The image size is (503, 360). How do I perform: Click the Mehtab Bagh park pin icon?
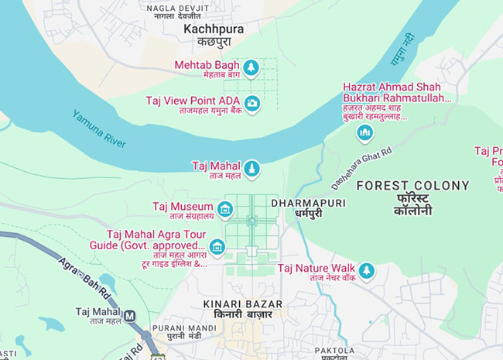(251, 68)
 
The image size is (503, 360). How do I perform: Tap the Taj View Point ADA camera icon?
(251, 103)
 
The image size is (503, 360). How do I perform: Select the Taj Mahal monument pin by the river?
(251, 168)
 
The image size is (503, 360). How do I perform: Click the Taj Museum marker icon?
(225, 208)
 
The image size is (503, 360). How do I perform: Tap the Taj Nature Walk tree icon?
(366, 270)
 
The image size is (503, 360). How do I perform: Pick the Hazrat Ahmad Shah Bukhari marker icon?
(365, 133)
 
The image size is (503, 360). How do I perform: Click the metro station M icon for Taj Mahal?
(130, 316)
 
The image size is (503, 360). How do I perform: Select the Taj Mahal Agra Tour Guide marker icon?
(217, 247)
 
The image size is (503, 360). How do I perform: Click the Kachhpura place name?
(213, 29)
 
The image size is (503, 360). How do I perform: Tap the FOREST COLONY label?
(412, 186)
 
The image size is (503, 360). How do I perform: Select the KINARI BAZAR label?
(242, 304)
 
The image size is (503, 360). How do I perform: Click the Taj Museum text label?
(182, 207)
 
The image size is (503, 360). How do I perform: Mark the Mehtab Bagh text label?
(206, 64)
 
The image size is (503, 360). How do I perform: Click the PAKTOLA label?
(335, 350)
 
